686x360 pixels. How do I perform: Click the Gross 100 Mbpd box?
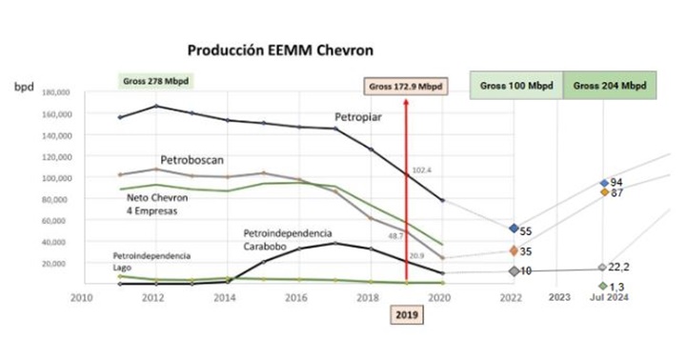point(515,85)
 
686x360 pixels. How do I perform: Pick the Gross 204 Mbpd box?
point(610,85)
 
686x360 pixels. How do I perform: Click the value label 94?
point(616,182)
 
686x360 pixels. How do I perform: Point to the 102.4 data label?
point(422,171)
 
